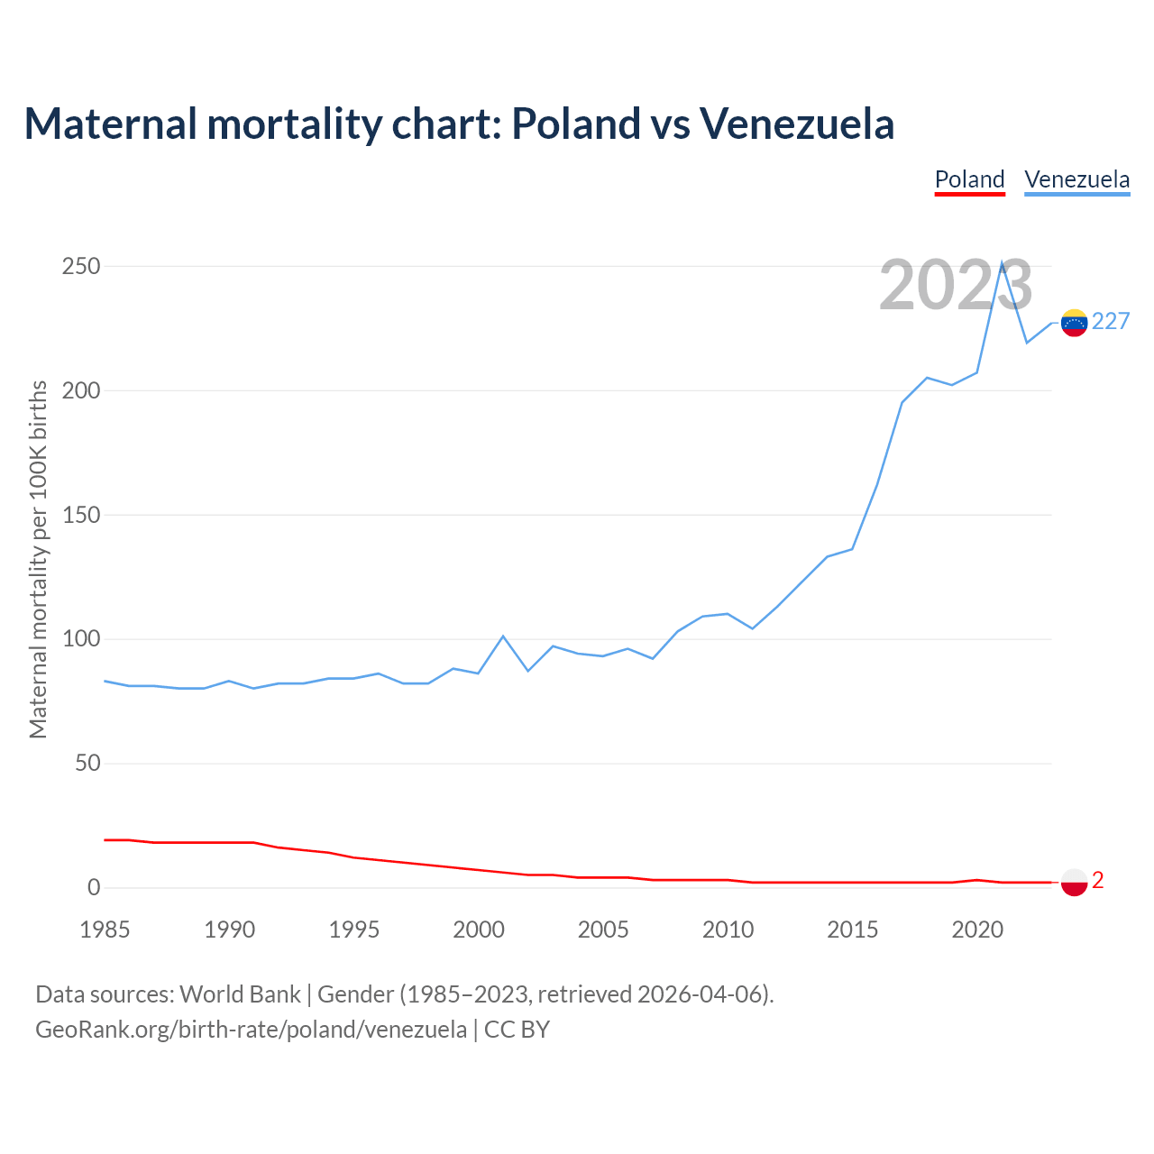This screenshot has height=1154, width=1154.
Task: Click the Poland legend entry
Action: (969, 179)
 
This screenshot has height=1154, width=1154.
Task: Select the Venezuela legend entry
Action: (1076, 179)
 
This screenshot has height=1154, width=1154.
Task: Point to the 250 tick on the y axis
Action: (81, 267)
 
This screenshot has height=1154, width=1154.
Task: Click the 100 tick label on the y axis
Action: (81, 640)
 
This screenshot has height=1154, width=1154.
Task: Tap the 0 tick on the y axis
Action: (94, 888)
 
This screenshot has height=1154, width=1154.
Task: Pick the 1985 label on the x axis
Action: (105, 930)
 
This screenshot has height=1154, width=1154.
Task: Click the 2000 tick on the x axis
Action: (479, 930)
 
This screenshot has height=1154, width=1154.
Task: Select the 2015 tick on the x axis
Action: (852, 930)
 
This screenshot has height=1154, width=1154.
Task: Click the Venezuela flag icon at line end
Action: (1074, 323)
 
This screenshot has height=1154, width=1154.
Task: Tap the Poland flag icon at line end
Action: (1074, 882)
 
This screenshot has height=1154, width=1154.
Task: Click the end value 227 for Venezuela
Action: (1111, 322)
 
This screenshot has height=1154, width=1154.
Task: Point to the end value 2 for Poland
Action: (1098, 881)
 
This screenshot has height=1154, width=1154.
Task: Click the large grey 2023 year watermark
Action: (956, 285)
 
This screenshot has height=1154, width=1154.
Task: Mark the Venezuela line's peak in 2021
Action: (1002, 262)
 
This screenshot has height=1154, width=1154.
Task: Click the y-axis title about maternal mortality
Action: (38, 559)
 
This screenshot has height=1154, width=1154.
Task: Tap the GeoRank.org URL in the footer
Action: (251, 1030)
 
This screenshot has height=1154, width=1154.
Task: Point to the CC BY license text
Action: (517, 1030)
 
